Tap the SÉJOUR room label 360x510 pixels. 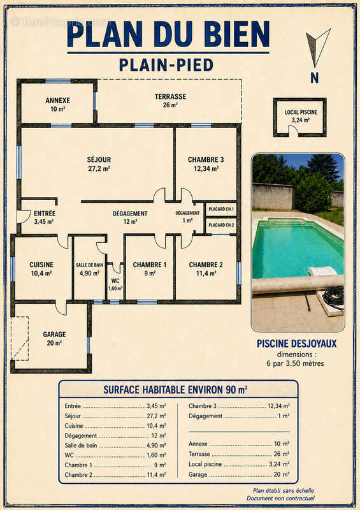99,160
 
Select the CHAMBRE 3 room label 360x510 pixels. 206,160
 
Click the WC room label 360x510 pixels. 115,280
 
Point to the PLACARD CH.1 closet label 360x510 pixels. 221,209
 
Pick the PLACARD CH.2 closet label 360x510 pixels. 221,225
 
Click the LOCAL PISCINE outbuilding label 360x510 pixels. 301,112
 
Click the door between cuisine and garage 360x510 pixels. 61,309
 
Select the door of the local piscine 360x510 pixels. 294,129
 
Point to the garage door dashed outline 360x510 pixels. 20,339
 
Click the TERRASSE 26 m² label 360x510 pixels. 170,101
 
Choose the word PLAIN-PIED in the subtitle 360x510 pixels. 166,65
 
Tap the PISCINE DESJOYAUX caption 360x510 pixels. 296,344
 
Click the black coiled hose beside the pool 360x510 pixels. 334,297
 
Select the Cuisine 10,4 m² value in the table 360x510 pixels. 156,426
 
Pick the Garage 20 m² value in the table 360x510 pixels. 281,474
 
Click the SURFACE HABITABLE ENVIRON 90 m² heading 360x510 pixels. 175,390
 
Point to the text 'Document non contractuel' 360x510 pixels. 280,498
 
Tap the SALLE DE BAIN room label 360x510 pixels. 89,265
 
